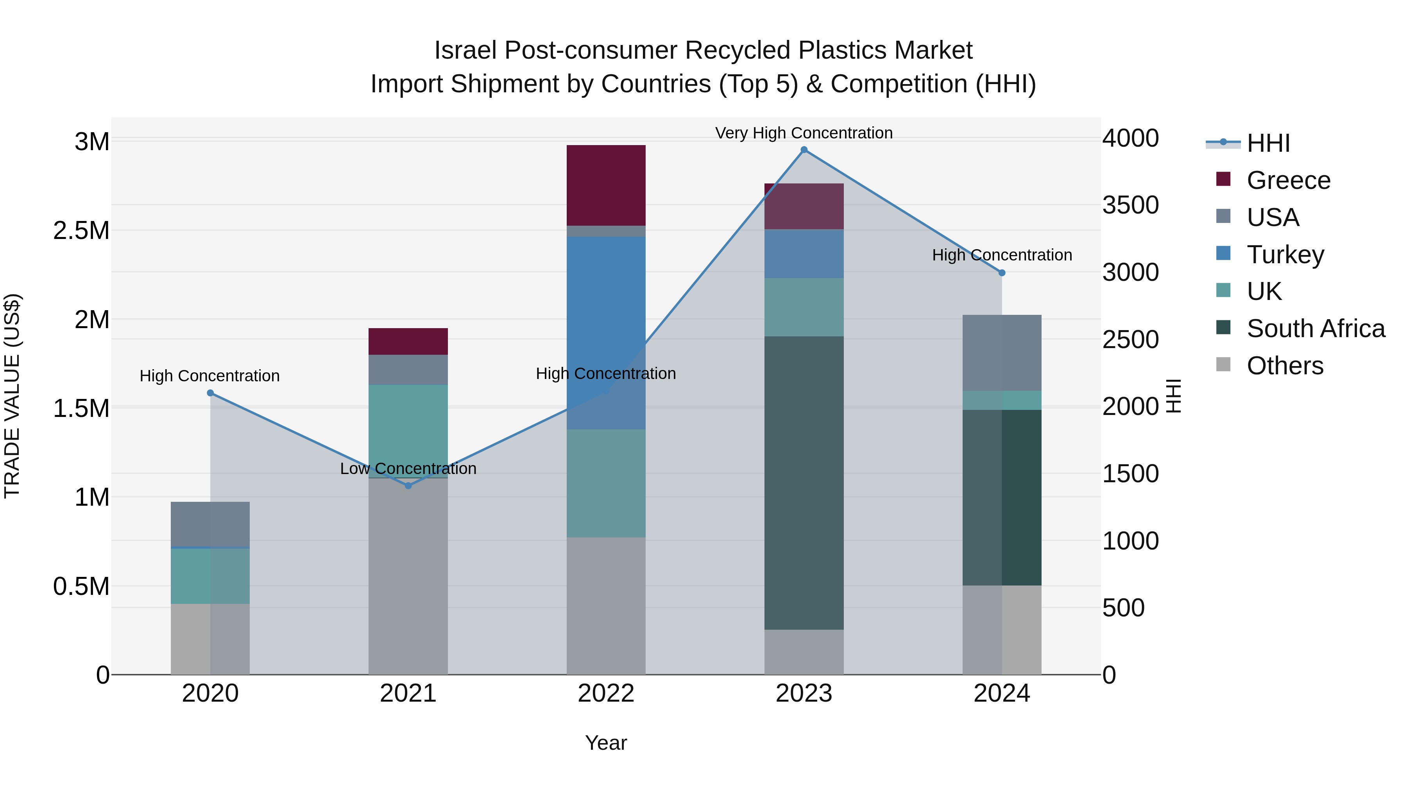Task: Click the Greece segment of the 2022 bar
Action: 606,185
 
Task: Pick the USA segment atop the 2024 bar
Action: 1001,352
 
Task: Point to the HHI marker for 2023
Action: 804,150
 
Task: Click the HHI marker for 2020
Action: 210,393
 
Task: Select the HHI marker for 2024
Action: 1001,273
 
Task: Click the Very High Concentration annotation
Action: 804,133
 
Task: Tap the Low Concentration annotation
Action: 408,469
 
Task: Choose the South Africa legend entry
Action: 1315,329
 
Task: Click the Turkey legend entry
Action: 1285,254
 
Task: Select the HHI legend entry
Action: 1267,143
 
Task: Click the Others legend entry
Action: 1285,366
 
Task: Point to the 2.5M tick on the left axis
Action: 81,231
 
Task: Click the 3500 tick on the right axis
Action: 1130,205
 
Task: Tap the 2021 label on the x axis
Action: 408,693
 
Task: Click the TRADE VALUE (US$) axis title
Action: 12,396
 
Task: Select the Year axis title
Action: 606,743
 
